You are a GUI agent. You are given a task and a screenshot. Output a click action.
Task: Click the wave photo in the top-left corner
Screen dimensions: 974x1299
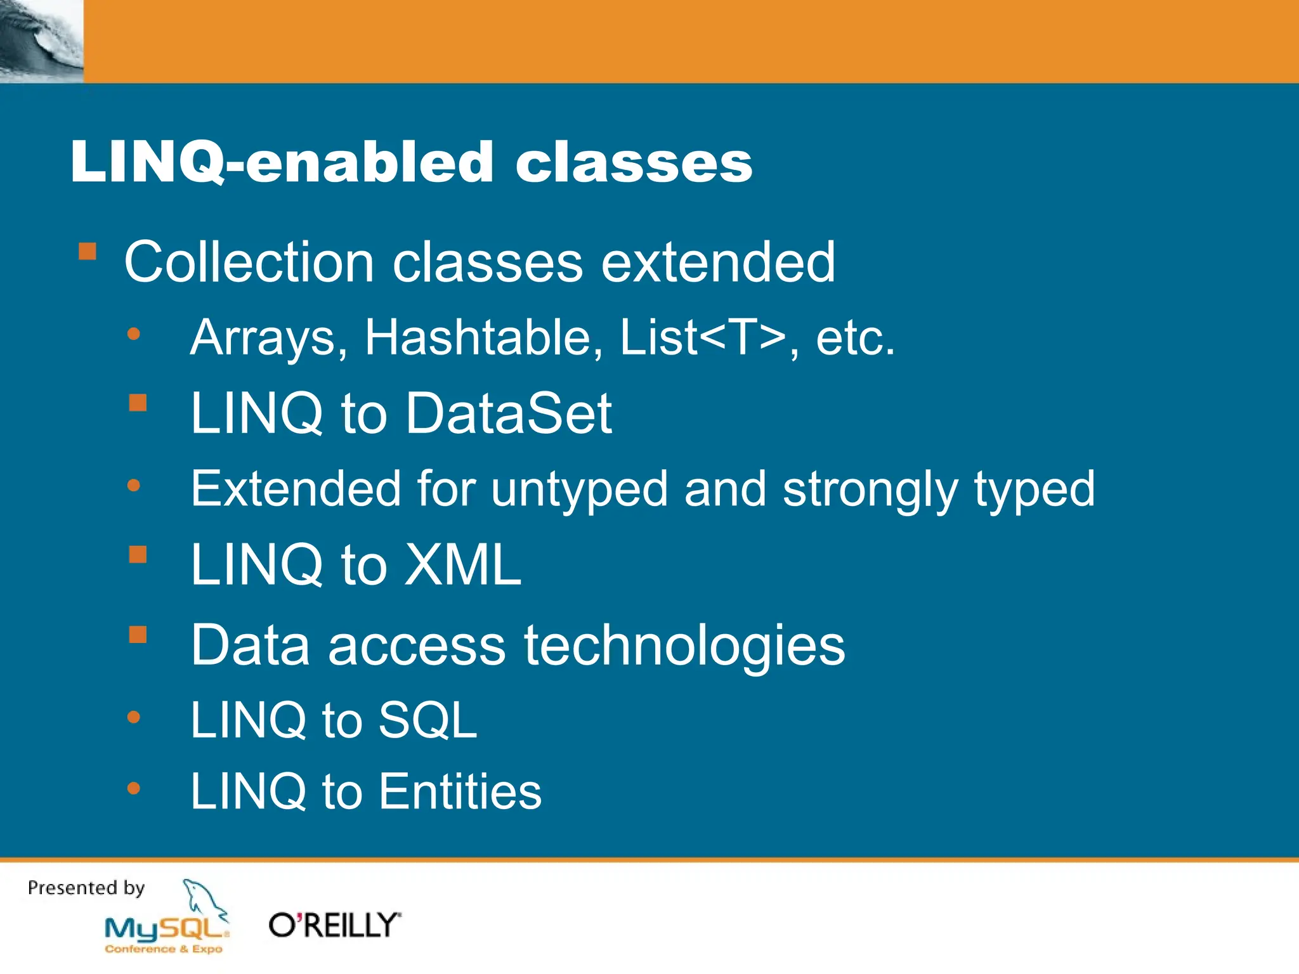pos(41,41)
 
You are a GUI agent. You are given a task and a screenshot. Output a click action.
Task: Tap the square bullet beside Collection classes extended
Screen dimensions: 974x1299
pos(88,252)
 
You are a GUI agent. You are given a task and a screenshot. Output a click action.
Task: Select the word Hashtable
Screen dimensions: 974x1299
pos(483,337)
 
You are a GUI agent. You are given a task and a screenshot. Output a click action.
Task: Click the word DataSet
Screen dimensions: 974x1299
pos(509,413)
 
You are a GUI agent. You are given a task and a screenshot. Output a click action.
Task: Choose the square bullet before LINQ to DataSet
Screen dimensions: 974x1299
pos(138,403)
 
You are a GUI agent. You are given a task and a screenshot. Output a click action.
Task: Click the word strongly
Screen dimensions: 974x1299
pos(870,490)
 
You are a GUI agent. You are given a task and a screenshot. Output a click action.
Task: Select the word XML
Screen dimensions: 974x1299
pos(463,564)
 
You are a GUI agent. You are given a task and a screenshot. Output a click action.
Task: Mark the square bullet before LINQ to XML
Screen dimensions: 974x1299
pos(138,555)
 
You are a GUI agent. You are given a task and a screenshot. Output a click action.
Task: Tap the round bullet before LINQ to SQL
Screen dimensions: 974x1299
pos(133,717)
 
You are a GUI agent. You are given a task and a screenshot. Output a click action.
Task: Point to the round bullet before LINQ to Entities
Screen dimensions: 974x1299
pos(133,788)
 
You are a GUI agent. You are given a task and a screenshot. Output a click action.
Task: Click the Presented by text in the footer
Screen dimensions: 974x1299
pos(86,888)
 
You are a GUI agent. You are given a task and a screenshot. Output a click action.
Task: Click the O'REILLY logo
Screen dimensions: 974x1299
pos(334,926)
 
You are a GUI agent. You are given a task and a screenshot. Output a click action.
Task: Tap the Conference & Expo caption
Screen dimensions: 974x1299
pos(164,949)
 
